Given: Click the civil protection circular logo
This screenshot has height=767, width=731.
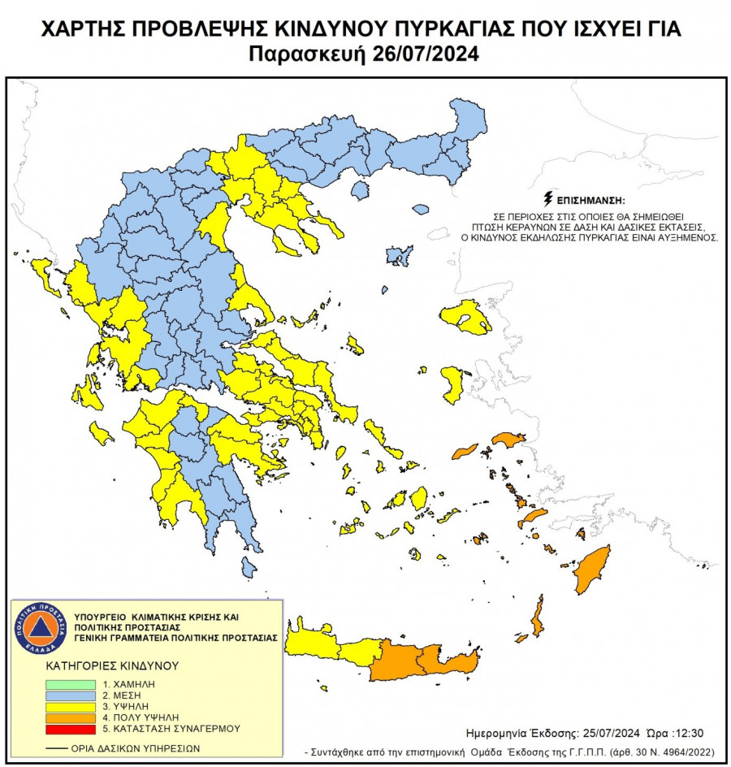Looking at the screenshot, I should pos(38,628).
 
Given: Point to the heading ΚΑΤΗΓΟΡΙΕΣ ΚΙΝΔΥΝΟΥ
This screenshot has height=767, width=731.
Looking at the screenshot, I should pos(111,665).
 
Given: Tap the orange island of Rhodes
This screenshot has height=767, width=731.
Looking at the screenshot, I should pos(592,570).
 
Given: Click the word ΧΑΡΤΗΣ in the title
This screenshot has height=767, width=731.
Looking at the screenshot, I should pos(79,31).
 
